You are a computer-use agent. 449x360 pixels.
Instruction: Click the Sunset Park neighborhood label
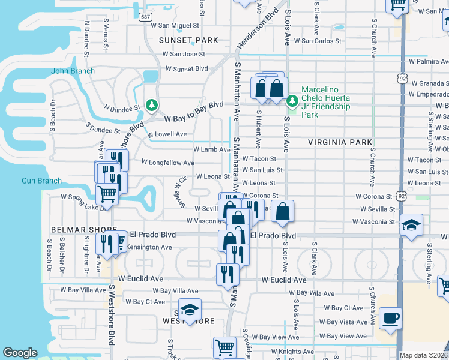pos(188,40)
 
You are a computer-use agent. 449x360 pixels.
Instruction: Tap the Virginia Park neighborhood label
pos(336,142)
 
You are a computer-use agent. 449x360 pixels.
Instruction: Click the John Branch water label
pos(73,71)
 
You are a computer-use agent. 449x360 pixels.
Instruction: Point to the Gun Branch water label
pos(41,181)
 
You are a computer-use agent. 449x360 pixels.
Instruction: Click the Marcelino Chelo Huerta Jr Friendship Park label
pos(325,98)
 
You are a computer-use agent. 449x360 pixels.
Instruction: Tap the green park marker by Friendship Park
pos(293,101)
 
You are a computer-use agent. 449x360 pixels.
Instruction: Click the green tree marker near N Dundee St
pos(152,106)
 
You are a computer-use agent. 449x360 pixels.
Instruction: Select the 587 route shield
pos(145,17)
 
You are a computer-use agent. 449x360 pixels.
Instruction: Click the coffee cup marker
pos(391,318)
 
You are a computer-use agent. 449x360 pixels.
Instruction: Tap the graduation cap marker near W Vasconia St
pos(412,226)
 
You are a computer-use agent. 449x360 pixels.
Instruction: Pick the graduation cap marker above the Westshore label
pos(190,310)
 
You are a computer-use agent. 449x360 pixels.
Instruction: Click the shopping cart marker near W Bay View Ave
pos(224,347)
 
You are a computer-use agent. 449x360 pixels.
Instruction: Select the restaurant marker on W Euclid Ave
pos(228,274)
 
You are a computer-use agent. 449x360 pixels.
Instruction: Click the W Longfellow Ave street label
pos(167,163)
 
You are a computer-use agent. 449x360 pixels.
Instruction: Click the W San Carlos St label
pos(321,41)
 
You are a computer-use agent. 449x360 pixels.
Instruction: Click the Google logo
pos(20,353)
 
